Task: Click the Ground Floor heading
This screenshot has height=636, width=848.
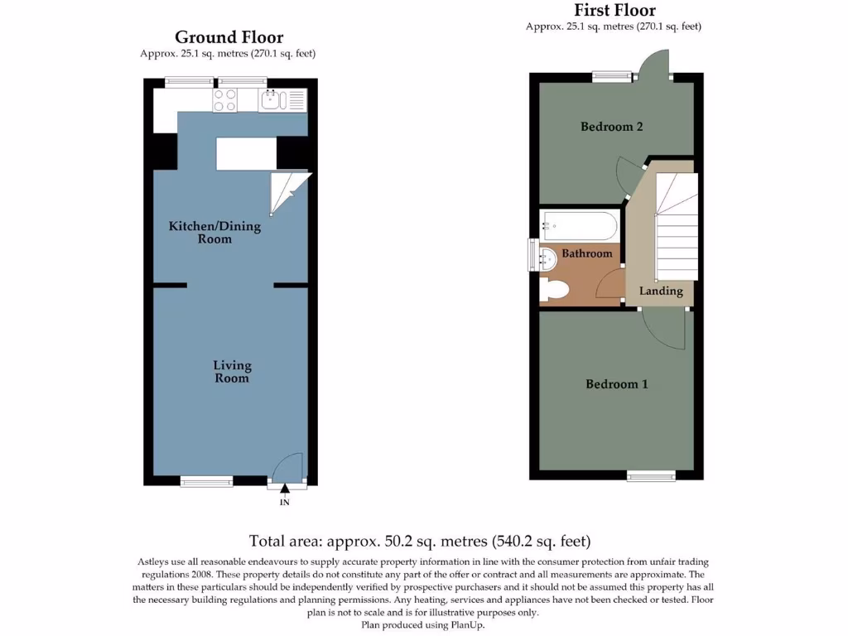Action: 229,37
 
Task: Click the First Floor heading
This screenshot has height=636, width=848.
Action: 614,11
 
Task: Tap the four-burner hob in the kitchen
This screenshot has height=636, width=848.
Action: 225,100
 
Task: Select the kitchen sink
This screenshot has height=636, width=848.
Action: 273,101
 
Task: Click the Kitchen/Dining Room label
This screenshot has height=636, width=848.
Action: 214,233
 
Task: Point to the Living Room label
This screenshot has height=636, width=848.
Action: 232,372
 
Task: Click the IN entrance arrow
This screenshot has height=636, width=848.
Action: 285,494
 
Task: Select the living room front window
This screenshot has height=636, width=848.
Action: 206,480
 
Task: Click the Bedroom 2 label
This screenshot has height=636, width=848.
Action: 611,127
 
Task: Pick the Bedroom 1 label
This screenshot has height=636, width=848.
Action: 616,384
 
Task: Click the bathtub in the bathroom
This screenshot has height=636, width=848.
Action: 578,225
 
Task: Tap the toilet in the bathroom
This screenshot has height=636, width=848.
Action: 553,290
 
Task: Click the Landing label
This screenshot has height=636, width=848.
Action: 660,291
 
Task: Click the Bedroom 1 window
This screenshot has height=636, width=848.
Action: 650,475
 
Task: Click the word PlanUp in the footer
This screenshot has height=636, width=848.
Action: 466,625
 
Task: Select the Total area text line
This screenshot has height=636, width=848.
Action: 420,542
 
